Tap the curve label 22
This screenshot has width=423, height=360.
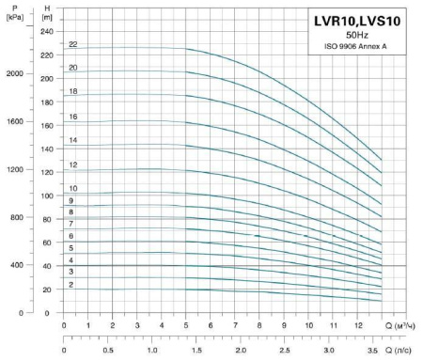[x=72, y=44]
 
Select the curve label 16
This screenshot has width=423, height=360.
[x=72, y=117]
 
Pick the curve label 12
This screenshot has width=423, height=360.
[x=72, y=164]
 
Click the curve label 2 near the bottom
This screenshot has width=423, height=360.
[x=70, y=284]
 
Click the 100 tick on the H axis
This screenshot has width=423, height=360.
[x=48, y=196]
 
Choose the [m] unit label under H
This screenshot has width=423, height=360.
[x=47, y=17]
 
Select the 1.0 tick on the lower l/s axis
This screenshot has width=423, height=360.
[x=152, y=349]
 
